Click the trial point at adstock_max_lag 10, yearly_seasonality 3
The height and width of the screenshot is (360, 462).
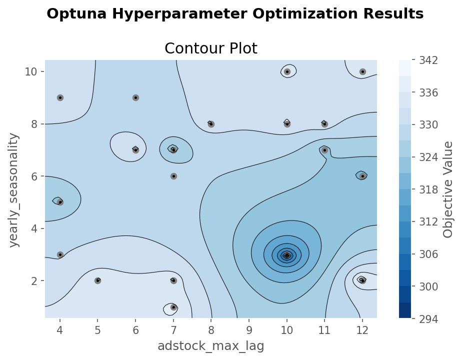(287, 255)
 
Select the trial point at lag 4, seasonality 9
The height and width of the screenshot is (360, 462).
(60, 97)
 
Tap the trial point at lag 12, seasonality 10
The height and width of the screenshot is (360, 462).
(362, 71)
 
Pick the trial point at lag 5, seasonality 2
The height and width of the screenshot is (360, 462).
(97, 280)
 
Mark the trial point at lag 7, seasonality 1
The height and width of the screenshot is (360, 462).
(173, 307)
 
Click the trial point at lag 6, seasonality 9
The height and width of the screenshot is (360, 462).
(135, 97)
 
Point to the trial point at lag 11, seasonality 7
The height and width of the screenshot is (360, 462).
(324, 150)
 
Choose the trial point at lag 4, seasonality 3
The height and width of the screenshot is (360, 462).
(60, 254)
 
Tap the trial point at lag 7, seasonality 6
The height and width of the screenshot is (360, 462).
(173, 176)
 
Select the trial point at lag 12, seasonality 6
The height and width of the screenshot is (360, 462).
(362, 176)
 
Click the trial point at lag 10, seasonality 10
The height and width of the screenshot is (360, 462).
(287, 71)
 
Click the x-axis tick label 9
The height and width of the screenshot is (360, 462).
(249, 330)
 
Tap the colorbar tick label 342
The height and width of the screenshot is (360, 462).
(428, 60)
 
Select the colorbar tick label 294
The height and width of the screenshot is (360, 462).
(428, 318)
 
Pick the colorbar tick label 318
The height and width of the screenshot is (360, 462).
(428, 189)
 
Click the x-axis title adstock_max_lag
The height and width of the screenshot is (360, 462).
(210, 345)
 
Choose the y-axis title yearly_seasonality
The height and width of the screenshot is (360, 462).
(15, 189)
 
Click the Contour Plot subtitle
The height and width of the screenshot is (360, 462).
(210, 48)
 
